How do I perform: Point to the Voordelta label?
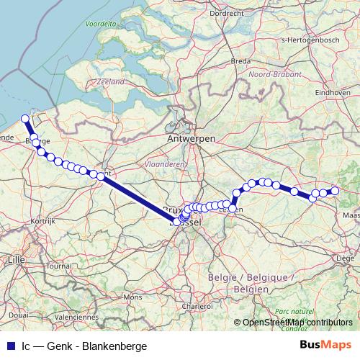pyautogui.click(x=101, y=24)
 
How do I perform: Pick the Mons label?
pyautogui.click(x=132, y=297)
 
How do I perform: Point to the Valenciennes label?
pyautogui.click(x=76, y=316)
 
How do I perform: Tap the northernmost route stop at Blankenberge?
pyautogui.click(x=25, y=119)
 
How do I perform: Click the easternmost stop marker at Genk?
pyautogui.click(x=334, y=191)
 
